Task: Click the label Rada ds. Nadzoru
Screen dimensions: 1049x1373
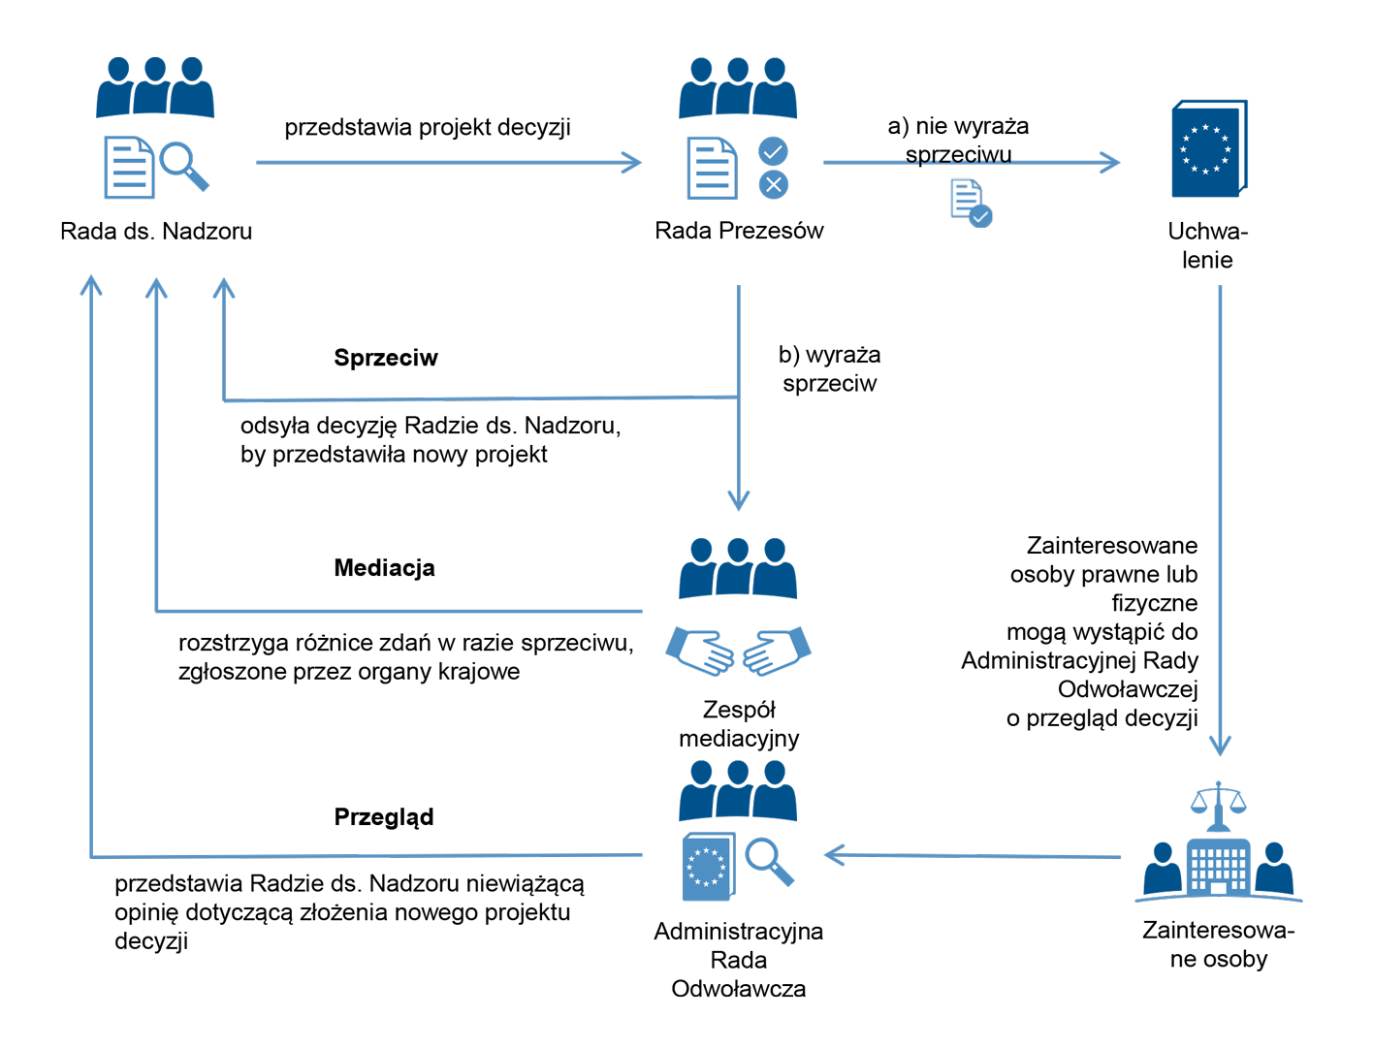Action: [156, 232]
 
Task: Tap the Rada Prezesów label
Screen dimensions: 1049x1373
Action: [739, 231]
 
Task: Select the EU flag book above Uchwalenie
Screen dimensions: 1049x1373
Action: [1208, 149]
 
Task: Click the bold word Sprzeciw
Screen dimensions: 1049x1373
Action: [386, 358]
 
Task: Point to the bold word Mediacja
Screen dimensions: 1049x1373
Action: [384, 568]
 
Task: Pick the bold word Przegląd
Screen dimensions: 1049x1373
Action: [384, 817]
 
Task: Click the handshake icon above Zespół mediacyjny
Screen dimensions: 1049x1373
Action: [738, 652]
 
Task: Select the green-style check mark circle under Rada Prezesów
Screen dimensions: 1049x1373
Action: [773, 151]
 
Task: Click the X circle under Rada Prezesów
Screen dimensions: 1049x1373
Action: [773, 184]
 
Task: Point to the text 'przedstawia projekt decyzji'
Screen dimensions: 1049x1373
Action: [428, 128]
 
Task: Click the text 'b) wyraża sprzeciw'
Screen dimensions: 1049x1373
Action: [830, 369]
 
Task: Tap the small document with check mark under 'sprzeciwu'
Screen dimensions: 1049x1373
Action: [971, 204]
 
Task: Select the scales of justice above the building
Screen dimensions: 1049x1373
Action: [1218, 801]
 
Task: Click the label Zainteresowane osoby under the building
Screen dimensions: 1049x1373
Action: [1219, 944]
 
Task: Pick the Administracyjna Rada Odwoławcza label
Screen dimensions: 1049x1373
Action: [739, 960]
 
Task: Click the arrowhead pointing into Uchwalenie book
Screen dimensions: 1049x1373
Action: [1110, 163]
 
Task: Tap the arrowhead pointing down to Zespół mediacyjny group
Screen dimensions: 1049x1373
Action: [739, 500]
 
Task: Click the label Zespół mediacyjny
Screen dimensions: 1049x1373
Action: [739, 724]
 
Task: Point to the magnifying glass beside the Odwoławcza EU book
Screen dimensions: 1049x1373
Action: [769, 860]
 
